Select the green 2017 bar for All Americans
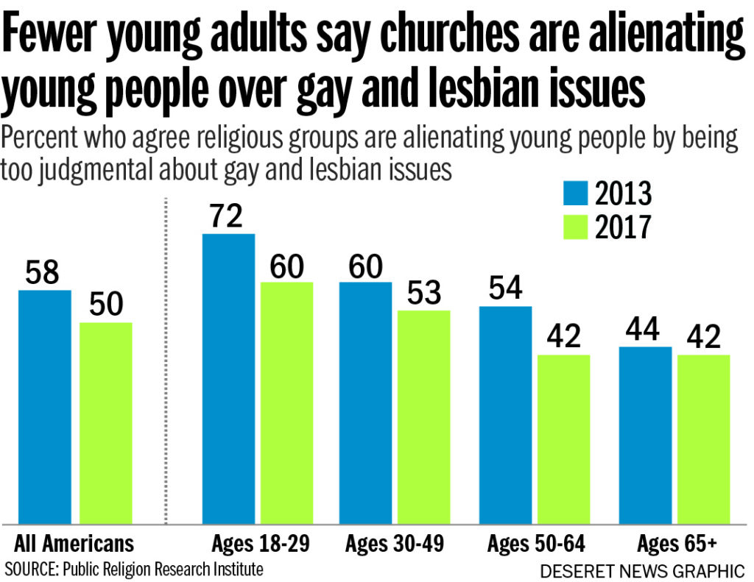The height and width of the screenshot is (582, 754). coord(106,422)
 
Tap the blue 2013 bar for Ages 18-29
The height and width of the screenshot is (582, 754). coord(229,378)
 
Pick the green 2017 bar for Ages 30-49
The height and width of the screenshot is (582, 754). coord(423,416)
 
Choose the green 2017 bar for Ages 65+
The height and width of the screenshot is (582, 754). coord(703,439)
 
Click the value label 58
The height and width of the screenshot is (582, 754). coord(45,273)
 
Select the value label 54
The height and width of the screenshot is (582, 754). coord(505,288)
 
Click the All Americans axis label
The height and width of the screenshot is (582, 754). coord(74,544)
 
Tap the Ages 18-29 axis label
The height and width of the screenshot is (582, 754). coord(260,544)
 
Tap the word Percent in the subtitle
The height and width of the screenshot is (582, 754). coord(41,139)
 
